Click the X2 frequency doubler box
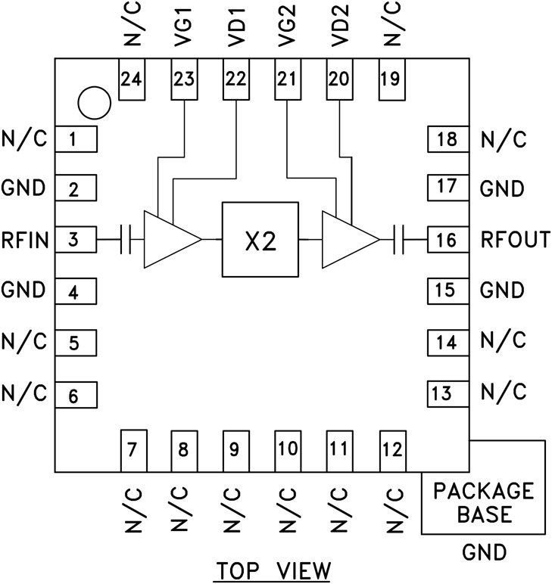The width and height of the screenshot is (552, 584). tap(259, 240)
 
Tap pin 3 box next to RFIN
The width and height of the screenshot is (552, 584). tap(75, 241)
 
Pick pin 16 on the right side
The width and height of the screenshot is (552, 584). tap(448, 241)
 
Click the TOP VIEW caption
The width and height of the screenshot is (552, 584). tap(273, 570)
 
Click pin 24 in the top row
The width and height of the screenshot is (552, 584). tap(132, 78)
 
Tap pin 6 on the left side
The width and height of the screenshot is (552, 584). tap(75, 393)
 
